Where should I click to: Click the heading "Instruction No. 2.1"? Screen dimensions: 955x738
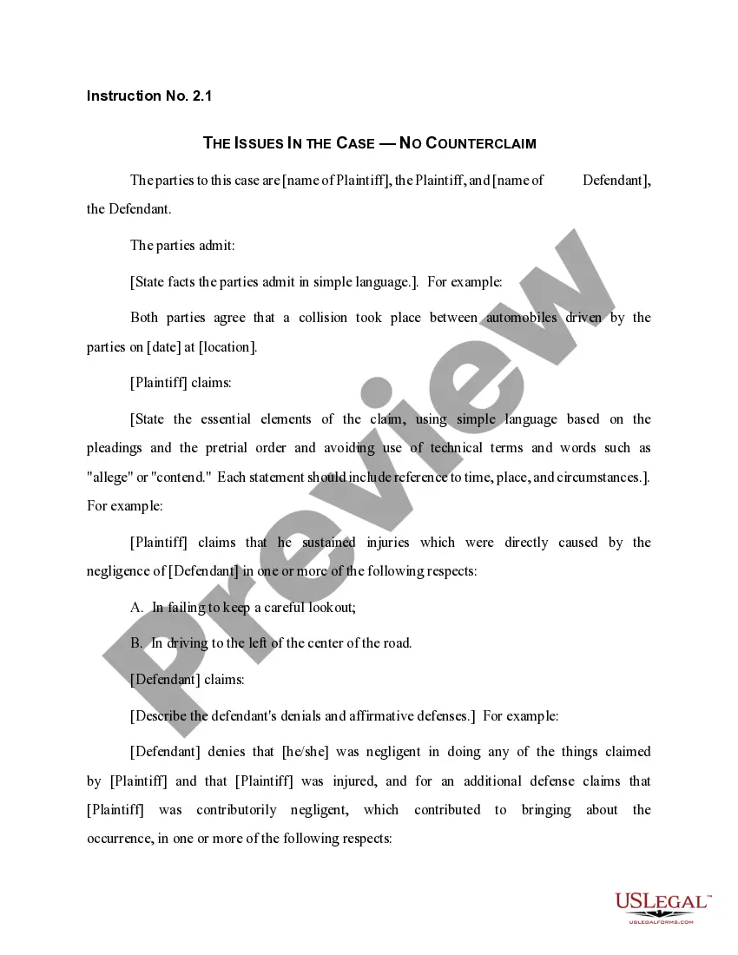(148, 95)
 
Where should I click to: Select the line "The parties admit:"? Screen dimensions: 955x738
(182, 245)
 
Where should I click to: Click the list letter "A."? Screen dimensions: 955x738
(137, 608)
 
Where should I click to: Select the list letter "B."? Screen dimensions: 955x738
(137, 643)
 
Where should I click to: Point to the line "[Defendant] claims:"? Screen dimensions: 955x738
(187, 680)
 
